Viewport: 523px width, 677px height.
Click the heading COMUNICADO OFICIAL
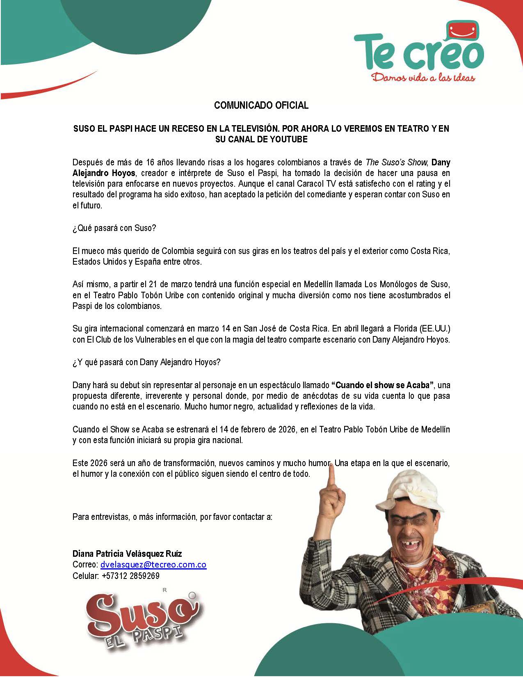pyautogui.click(x=261, y=105)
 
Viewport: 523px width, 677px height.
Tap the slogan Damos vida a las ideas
pyautogui.click(x=423, y=77)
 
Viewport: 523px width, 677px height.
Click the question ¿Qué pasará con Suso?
pyautogui.click(x=114, y=228)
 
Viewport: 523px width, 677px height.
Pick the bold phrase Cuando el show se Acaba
pyautogui.click(x=382, y=385)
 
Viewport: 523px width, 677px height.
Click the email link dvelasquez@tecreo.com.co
pyautogui.click(x=153, y=565)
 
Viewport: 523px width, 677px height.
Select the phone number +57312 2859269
pyautogui.click(x=130, y=576)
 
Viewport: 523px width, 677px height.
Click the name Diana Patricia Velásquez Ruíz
pyautogui.click(x=127, y=553)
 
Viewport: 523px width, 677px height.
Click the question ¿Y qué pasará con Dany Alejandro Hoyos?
pyautogui.click(x=146, y=363)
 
